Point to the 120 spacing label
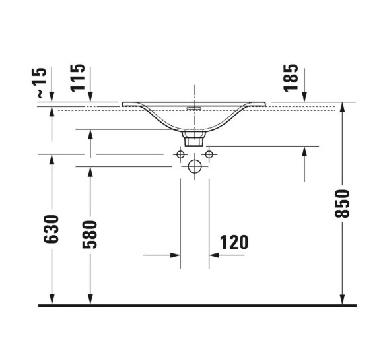pyautogui.click(x=234, y=242)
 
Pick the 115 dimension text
pyautogui.click(x=78, y=77)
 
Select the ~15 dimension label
pyautogui.click(x=42, y=82)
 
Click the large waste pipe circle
pyautogui.click(x=194, y=166)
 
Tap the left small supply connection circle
pyautogui.click(x=180, y=154)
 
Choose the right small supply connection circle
pyautogui.click(x=209, y=154)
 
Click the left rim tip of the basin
pyautogui.click(x=123, y=103)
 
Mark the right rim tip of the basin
pyautogui.click(x=265, y=103)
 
